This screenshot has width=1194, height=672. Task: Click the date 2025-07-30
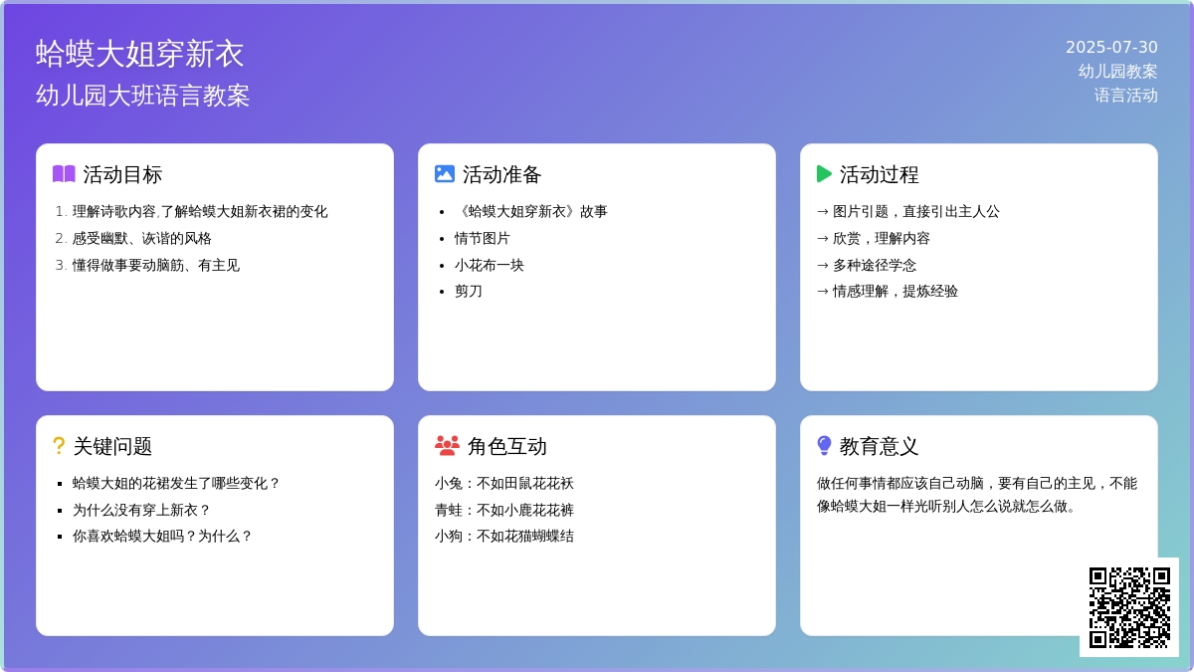click(x=1111, y=47)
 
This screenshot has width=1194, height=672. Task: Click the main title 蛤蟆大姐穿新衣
click(x=139, y=54)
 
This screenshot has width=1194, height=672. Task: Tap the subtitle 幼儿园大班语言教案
click(x=143, y=96)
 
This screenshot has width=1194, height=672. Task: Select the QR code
click(x=1129, y=607)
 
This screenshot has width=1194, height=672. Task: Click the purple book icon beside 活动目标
click(x=64, y=174)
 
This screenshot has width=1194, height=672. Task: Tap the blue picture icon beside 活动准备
click(x=445, y=174)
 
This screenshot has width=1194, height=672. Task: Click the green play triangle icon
click(x=824, y=174)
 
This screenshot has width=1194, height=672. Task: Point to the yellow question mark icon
click(x=59, y=446)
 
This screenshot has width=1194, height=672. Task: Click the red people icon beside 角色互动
click(x=447, y=446)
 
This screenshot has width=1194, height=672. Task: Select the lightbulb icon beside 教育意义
click(x=824, y=446)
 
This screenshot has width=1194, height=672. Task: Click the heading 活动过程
click(x=879, y=174)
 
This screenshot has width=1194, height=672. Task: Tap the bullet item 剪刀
click(x=469, y=291)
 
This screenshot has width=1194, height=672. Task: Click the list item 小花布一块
click(x=490, y=265)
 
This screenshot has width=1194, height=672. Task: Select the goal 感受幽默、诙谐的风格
click(x=141, y=238)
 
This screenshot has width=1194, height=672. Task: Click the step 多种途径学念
click(x=875, y=265)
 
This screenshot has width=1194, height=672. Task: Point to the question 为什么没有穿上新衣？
click(x=141, y=510)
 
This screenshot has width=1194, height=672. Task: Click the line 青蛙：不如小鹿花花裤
click(x=504, y=510)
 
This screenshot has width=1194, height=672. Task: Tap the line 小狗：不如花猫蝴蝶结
click(x=504, y=536)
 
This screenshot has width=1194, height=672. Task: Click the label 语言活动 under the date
click(x=1125, y=96)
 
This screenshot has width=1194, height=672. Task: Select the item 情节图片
click(x=483, y=238)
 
